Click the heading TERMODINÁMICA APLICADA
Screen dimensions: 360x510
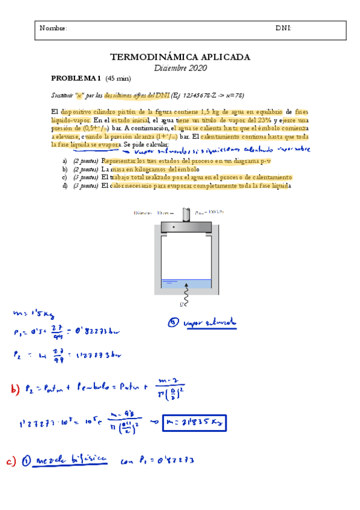pos(180,57)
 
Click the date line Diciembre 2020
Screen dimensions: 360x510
pos(180,68)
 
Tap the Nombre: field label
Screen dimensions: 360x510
pos(53,28)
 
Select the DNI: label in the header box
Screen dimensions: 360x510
pos(284,28)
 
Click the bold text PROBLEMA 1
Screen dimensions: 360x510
pos(76,79)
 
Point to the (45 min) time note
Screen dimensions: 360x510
pos(118,79)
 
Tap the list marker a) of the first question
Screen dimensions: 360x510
pos(65,161)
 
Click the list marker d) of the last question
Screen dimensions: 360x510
pos(65,186)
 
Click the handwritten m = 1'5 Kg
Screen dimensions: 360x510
pos(33,313)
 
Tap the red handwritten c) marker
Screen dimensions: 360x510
pos(12,461)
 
